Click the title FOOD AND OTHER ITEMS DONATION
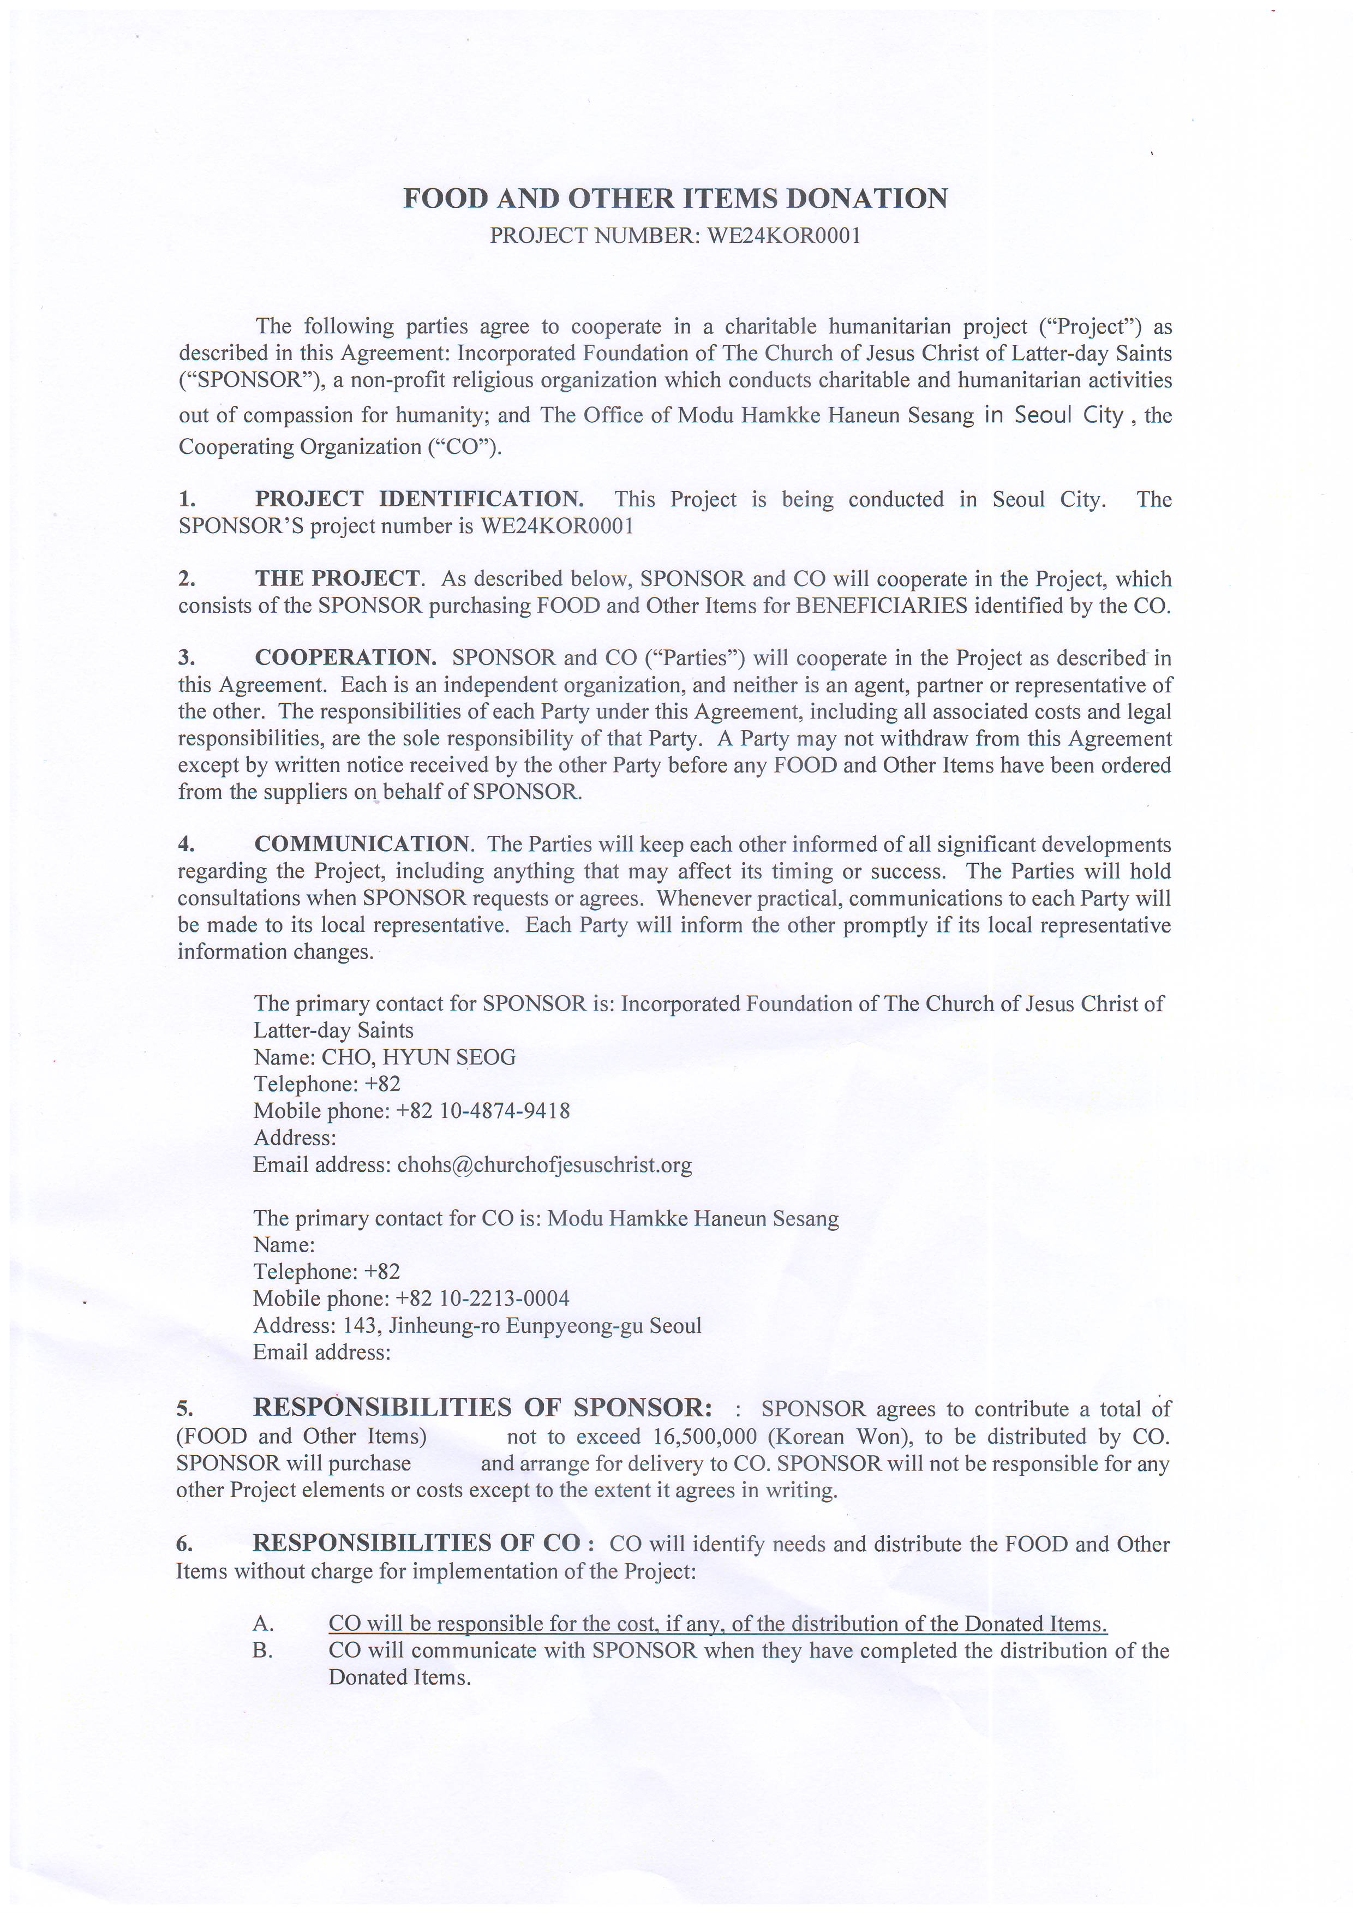point(675,199)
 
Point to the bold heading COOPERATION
point(345,657)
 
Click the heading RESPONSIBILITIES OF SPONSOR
point(483,1408)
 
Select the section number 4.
point(186,845)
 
